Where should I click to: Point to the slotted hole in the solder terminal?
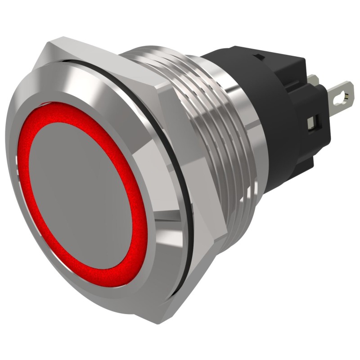345,95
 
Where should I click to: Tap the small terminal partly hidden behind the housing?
314,80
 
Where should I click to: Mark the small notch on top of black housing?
259,57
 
